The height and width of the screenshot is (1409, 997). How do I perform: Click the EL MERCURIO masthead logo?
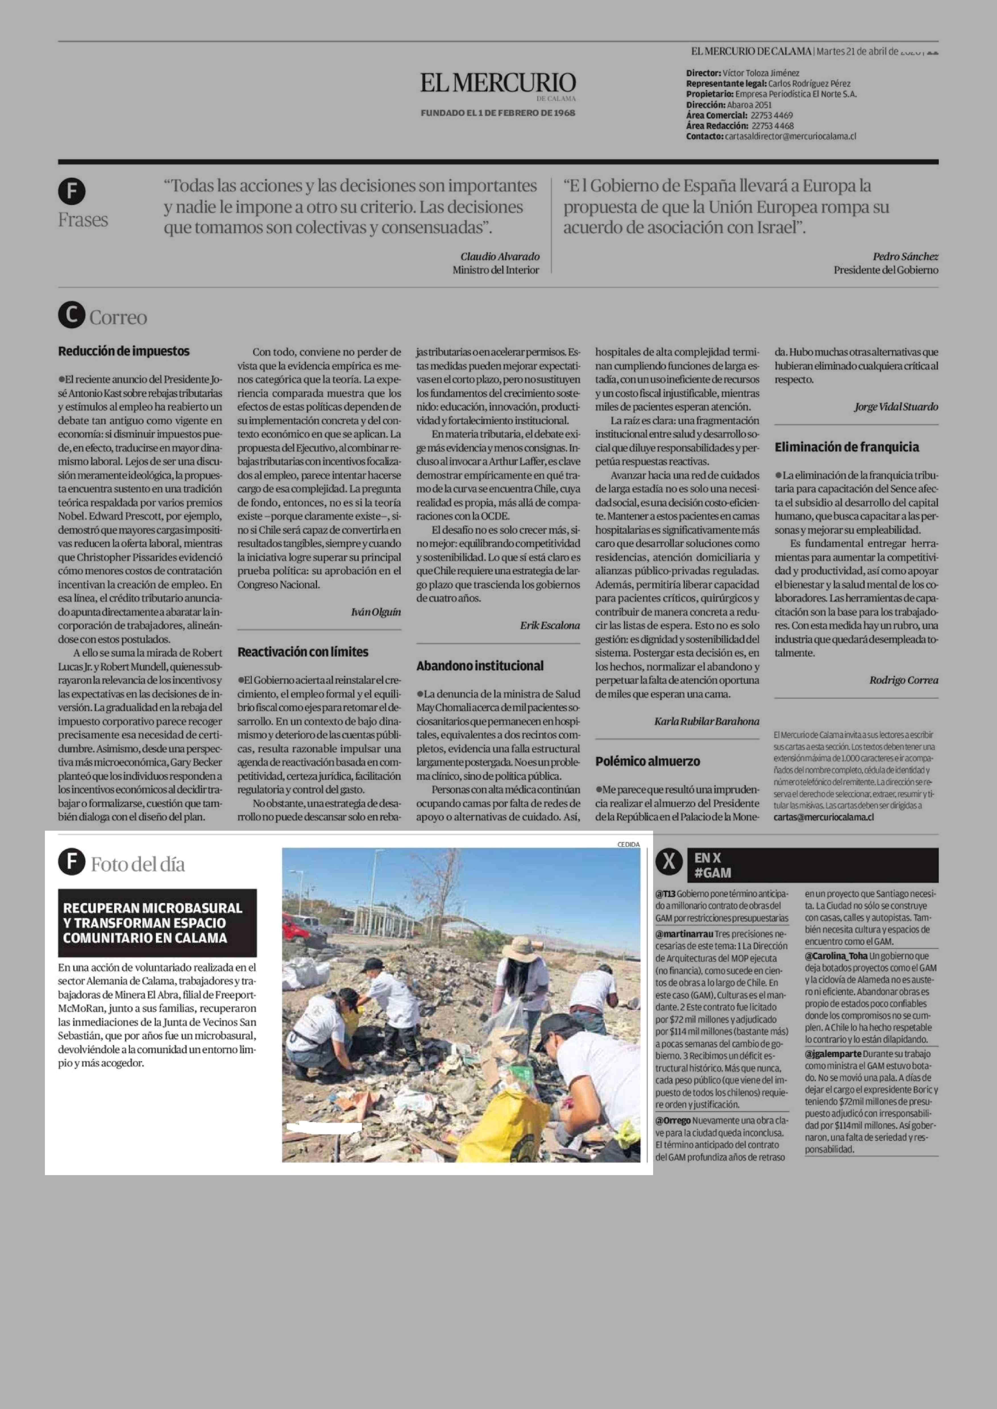498,83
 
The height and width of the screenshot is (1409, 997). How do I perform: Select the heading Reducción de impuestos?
123,351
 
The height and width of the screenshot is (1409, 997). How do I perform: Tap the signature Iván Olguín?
376,612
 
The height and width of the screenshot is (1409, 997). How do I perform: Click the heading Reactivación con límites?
303,651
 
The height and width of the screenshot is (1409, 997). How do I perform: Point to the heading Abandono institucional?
479,666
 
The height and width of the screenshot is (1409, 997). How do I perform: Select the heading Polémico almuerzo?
647,761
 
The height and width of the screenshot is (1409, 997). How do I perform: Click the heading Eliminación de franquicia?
847,447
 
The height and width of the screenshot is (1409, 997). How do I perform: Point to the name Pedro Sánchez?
905,257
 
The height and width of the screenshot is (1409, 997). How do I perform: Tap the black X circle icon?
669,863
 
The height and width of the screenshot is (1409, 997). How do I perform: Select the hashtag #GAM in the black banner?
713,872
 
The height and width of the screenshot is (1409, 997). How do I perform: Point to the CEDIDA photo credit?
628,844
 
